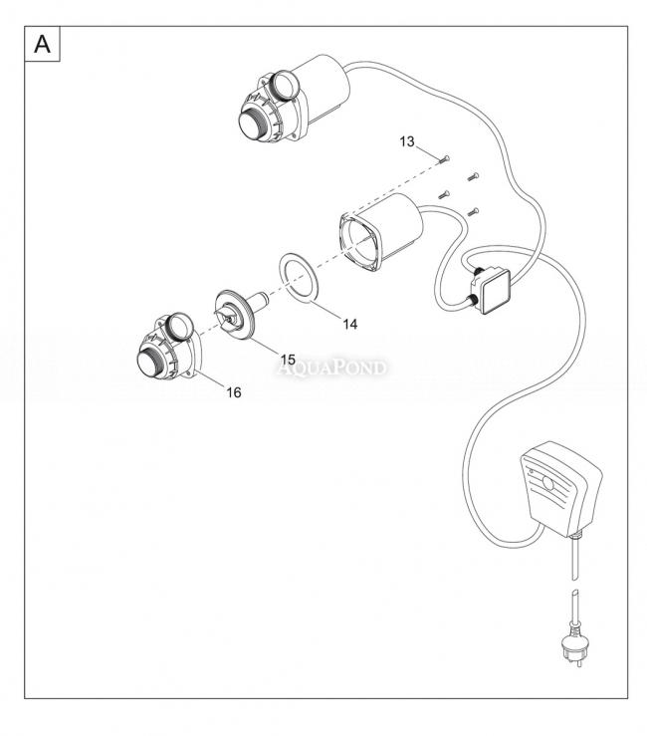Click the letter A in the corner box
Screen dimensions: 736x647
coord(43,45)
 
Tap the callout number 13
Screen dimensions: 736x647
coord(408,143)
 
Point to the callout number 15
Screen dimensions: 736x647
coord(287,358)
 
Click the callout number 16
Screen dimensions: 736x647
coord(233,392)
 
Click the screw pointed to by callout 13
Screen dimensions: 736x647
coord(446,159)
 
